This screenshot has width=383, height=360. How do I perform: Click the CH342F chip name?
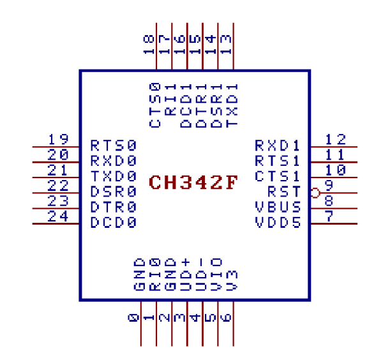click(193, 183)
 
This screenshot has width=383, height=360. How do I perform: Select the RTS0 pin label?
click(114, 145)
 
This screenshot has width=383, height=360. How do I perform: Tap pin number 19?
click(58, 139)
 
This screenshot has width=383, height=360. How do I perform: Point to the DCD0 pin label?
click(114, 223)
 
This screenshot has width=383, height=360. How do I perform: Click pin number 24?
click(58, 217)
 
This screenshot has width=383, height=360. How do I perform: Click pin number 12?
click(335, 139)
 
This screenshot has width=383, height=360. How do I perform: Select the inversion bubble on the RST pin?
click(314, 192)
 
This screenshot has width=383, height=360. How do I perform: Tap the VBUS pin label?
click(278, 207)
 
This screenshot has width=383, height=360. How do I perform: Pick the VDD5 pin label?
click(278, 223)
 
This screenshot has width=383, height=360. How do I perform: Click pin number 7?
click(329, 217)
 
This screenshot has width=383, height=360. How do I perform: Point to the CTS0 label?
click(155, 105)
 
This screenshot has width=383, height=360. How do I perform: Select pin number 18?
click(149, 44)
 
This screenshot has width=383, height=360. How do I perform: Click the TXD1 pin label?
click(233, 105)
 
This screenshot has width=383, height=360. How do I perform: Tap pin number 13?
click(226, 44)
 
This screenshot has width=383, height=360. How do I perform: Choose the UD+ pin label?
click(186, 274)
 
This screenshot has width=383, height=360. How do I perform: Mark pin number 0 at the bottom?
click(133, 317)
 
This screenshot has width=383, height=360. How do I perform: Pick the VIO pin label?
click(217, 274)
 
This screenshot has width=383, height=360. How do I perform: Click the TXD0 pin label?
click(114, 176)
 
